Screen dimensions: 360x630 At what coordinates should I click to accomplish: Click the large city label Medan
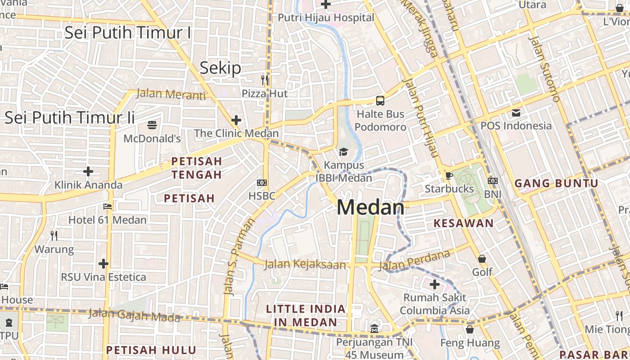click(x=370, y=207)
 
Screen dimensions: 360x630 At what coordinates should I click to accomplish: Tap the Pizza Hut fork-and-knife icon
click(x=265, y=80)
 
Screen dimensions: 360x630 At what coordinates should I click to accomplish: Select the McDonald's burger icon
click(x=152, y=125)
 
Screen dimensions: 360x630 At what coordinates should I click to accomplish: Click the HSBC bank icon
click(x=261, y=182)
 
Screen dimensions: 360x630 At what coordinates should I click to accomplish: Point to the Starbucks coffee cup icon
click(x=449, y=175)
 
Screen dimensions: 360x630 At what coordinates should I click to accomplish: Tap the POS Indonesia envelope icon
click(x=516, y=112)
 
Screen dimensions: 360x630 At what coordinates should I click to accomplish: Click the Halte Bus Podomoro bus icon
click(x=380, y=100)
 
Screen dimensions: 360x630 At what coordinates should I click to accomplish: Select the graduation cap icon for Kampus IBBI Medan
click(x=343, y=152)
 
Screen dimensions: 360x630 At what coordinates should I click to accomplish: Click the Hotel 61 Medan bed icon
click(x=108, y=207)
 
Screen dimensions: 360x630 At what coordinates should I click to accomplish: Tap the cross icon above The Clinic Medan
click(x=236, y=120)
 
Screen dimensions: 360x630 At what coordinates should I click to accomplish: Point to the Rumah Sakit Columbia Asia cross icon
click(x=434, y=284)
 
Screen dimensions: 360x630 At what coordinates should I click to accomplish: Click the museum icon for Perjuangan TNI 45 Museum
click(x=374, y=329)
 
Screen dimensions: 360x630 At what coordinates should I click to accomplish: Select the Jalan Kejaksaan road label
click(x=305, y=264)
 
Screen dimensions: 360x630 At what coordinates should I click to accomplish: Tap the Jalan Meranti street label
click(x=171, y=94)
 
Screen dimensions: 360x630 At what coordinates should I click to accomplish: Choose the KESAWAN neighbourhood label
click(x=463, y=223)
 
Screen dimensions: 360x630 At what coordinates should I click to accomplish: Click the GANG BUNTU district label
click(x=556, y=183)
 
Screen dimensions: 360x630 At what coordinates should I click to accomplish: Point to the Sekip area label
click(x=220, y=68)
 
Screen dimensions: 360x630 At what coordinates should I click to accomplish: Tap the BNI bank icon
click(x=493, y=181)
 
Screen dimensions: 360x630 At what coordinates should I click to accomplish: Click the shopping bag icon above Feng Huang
click(x=470, y=329)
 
